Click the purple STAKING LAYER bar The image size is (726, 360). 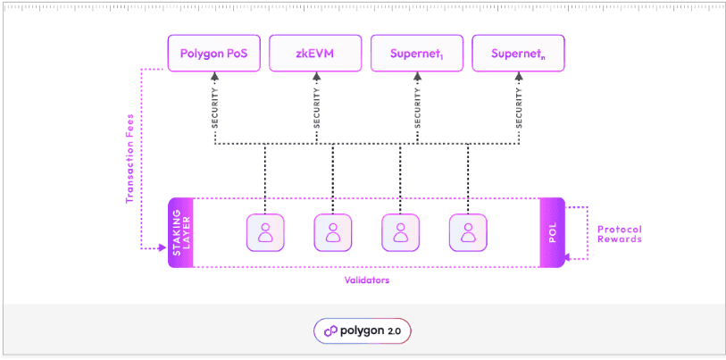point(180,232)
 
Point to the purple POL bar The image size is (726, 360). point(552,232)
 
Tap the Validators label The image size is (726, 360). point(366,280)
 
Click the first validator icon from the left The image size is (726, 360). point(265,232)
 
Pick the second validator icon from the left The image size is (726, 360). point(332,232)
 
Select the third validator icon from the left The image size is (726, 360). point(400,232)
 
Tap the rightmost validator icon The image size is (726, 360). point(468,232)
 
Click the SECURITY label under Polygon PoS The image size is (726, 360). point(215,112)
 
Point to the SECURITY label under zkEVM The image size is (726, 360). point(316,112)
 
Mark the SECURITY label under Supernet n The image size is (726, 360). point(519,112)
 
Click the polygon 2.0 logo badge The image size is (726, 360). point(363,331)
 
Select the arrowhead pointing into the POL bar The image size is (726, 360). point(571,258)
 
